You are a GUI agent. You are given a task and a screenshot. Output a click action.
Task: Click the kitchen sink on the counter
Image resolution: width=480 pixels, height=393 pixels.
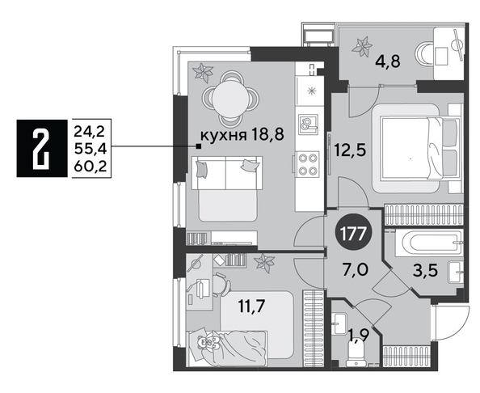[x=309, y=126]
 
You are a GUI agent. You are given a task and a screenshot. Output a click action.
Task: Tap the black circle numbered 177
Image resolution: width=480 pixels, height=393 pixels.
[x=352, y=235]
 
